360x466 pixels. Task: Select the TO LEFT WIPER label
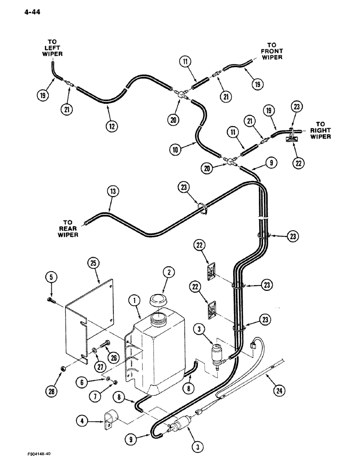(x=54, y=47)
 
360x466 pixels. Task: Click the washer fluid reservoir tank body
(x=161, y=354)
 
